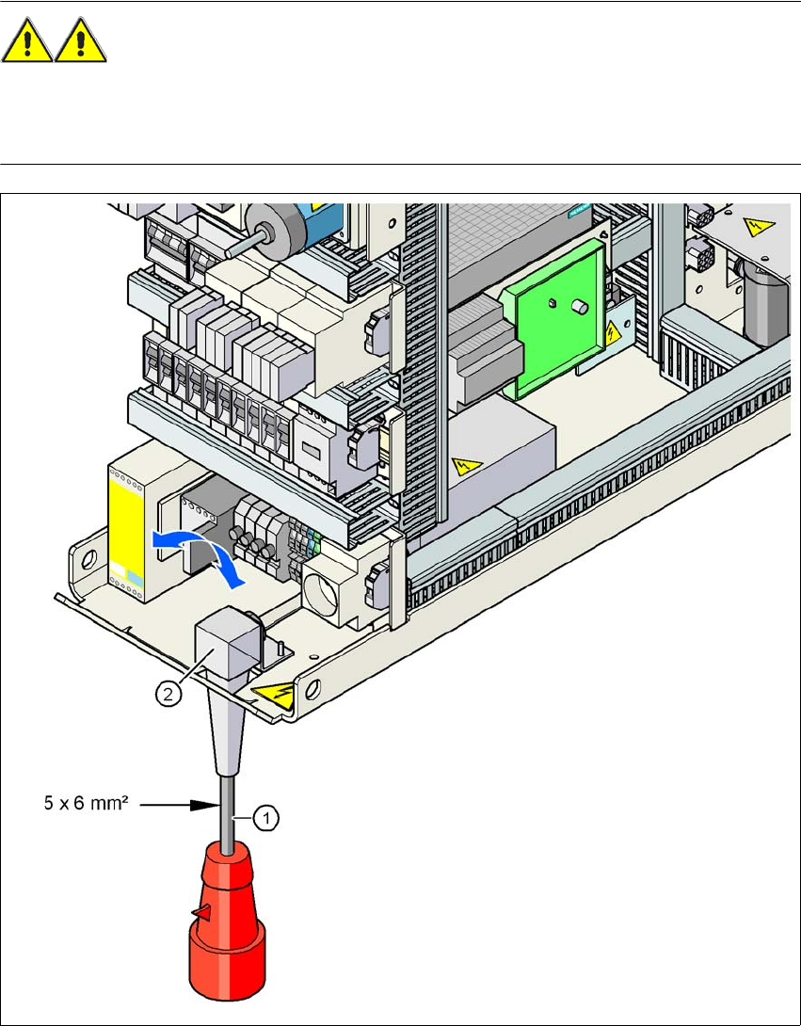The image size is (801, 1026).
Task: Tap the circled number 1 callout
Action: tap(266, 819)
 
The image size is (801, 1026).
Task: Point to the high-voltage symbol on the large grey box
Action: tap(463, 464)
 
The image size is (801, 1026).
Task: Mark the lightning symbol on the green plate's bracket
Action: tap(613, 332)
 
